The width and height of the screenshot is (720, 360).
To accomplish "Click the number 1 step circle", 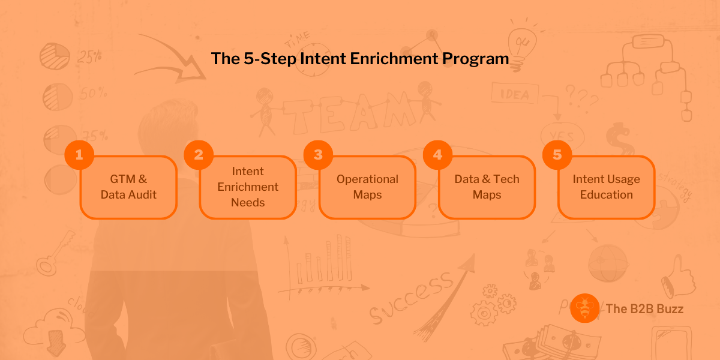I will pos(79,155).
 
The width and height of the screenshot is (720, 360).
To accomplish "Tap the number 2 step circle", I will pos(199,155).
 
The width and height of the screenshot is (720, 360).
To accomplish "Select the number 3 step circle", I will pos(318,155).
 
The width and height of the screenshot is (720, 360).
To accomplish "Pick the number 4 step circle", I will pos(437,155).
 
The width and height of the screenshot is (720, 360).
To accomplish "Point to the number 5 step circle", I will pos(557,155).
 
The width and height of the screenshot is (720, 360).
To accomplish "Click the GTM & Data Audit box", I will pos(128,187).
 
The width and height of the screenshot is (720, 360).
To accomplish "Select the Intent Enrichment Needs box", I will pos(248,187).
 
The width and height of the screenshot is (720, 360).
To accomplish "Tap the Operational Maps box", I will pos(367,187).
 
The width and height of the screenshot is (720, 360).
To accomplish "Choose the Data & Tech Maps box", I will pos(487,187).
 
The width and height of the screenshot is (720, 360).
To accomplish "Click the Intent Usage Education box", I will pos(606,187).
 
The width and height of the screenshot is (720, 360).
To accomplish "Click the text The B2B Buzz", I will pos(644,309).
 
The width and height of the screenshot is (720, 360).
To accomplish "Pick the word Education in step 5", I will pos(606,194).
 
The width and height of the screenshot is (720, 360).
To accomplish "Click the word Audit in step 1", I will pos(143,194).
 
